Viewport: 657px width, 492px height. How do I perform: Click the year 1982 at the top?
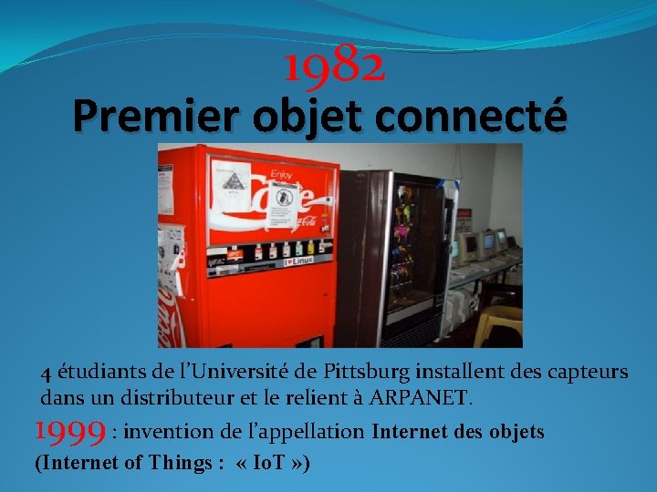pyautogui.click(x=334, y=66)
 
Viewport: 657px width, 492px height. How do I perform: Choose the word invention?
pyautogui.click(x=169, y=431)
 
